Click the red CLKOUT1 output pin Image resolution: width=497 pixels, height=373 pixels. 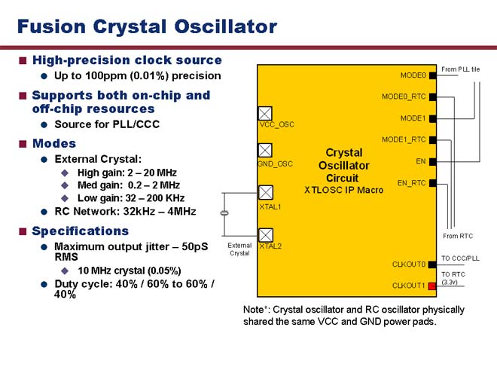[432, 286]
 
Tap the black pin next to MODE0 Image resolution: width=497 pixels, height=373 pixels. [433, 75]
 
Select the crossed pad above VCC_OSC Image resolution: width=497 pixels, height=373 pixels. [265, 113]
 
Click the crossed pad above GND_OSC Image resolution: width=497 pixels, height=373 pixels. [265, 151]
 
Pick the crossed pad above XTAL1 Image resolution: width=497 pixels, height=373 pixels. [266, 192]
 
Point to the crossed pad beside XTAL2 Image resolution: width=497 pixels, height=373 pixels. [266, 235]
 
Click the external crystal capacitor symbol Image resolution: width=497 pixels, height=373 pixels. [224, 213]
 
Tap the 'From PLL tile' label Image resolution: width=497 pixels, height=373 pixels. [460, 69]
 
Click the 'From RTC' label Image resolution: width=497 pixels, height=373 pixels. [458, 236]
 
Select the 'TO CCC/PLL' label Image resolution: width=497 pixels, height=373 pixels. [460, 258]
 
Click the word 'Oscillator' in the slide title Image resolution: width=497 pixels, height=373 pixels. [226, 26]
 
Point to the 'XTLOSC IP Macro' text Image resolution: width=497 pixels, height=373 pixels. [344, 190]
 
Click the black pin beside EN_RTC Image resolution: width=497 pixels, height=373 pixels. [433, 183]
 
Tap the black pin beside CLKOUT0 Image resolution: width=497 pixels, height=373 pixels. [432, 264]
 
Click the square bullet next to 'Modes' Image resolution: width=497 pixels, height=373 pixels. [23, 144]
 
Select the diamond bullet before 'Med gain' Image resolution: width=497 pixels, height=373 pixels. [65, 185]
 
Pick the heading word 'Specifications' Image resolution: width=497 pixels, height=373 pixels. [80, 231]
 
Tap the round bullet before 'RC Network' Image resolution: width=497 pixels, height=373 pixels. [44, 212]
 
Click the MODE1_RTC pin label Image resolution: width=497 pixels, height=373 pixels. [404, 139]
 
